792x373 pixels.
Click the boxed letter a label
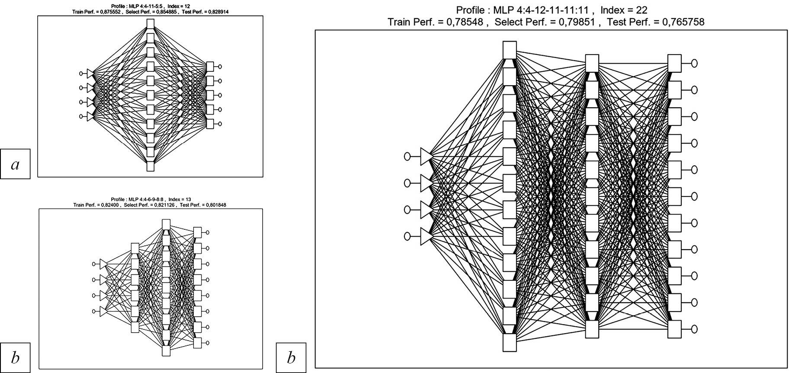point(15,164)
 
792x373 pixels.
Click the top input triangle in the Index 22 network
point(426,156)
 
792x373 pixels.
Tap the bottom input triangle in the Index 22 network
point(426,236)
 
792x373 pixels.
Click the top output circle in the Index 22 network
point(694,63)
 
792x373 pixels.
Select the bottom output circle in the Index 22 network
point(694,329)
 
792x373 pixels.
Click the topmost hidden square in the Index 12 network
point(150,23)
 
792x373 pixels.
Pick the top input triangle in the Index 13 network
point(103,264)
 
